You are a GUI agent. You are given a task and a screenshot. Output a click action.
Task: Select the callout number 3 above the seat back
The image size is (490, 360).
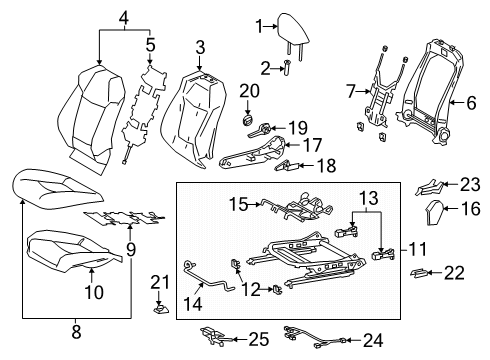coord(200,46)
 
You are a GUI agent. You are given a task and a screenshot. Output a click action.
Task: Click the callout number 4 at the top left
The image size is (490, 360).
coord(122,16)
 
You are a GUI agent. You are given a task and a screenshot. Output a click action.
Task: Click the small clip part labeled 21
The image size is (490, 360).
coord(157,309)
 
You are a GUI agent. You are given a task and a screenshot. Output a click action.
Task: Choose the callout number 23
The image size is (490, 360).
coord(469,183)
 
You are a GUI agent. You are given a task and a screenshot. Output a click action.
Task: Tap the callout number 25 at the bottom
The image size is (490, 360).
coord(258,340)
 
